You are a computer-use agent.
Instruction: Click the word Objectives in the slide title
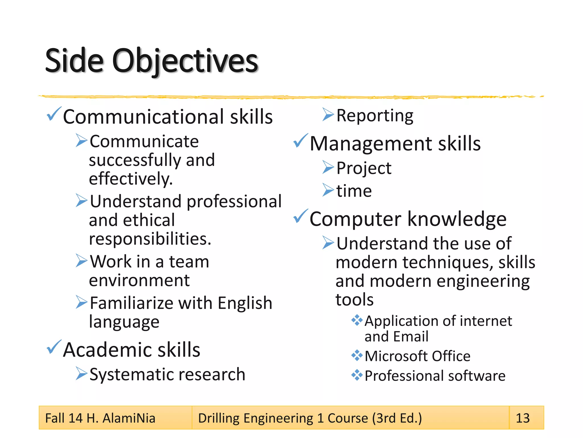(185, 61)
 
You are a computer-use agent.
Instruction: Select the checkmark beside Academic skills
(54, 347)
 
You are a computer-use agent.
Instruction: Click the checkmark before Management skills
(300, 141)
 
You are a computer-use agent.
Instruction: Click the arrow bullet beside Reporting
(328, 115)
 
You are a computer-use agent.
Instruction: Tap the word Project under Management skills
(364, 168)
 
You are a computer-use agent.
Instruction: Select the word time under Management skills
(354, 191)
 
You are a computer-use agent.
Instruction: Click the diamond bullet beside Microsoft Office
(357, 355)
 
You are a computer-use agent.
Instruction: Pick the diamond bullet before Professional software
(357, 375)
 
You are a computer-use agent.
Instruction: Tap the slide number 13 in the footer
(523, 418)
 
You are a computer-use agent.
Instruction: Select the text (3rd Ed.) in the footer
(397, 418)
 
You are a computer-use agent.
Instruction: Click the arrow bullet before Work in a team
(81, 261)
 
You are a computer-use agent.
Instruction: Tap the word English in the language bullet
(245, 303)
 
